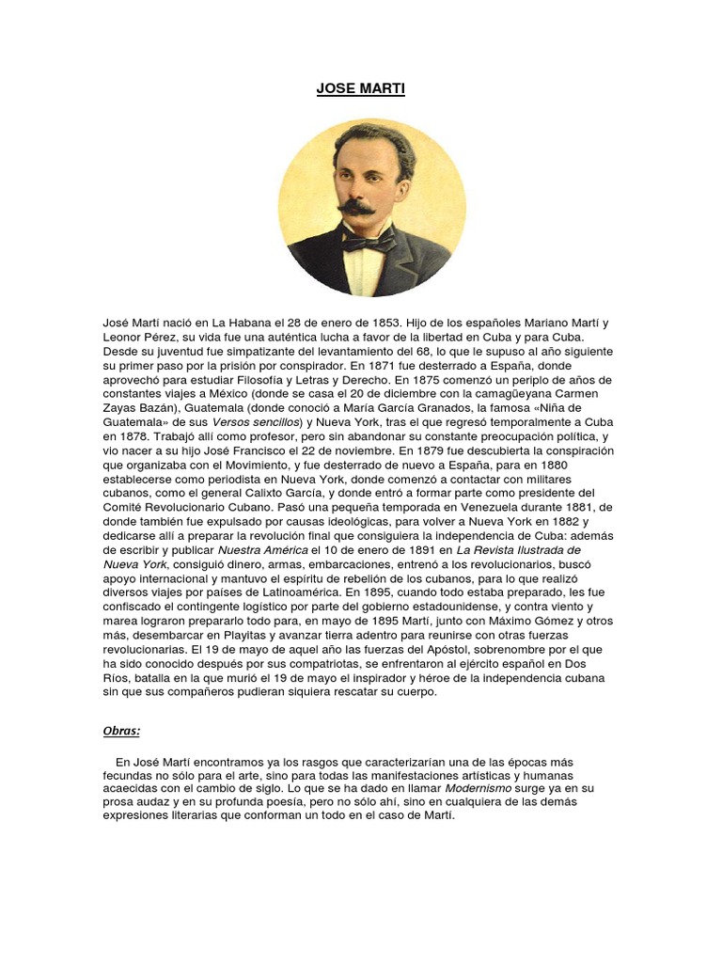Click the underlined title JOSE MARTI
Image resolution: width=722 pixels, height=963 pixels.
point(361,89)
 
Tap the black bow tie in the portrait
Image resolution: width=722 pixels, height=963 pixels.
point(369,242)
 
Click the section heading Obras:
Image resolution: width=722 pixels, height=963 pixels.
point(121,730)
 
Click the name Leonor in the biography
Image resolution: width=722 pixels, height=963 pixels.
point(123,337)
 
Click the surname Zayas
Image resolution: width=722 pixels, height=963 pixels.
point(121,408)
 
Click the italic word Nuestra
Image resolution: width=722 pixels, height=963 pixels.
point(245,549)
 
